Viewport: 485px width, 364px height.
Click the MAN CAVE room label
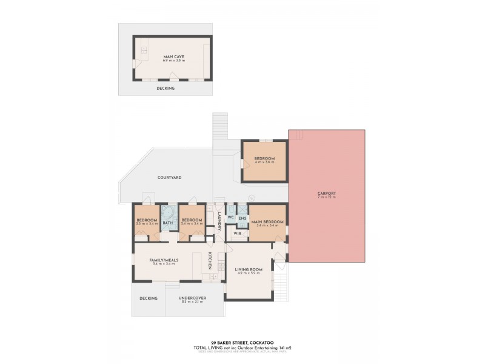tap(173, 56)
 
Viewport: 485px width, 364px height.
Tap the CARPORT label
tap(326, 194)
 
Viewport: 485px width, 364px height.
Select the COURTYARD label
tap(170, 177)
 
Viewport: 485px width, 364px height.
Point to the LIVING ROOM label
tap(249, 269)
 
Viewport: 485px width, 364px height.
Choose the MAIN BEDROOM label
tap(267, 222)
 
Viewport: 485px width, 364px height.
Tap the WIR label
tap(238, 232)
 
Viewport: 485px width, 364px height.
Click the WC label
tap(230, 217)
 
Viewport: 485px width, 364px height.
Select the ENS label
tap(242, 218)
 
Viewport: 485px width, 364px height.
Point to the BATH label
tap(167, 223)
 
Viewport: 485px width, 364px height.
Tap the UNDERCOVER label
tap(192, 298)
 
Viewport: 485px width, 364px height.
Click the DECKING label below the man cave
tap(166, 89)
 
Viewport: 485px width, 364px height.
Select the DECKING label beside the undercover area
tap(149, 298)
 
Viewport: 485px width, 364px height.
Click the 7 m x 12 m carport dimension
tap(326, 198)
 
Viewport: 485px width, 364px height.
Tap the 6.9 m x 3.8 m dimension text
tap(173, 61)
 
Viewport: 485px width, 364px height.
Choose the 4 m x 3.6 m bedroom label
tap(264, 163)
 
